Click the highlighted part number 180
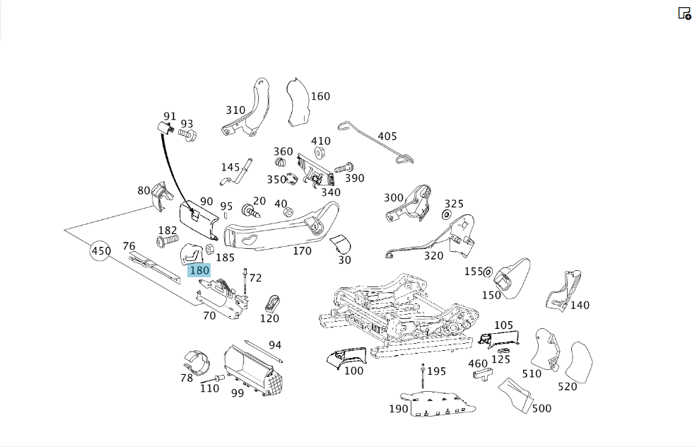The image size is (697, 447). coord(199,270)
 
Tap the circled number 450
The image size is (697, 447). coord(101,251)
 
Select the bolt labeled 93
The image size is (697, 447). coord(187,134)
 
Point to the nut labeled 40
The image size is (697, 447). coord(288,211)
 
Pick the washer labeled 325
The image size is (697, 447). coord(446,215)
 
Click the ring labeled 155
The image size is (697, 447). coord(488,272)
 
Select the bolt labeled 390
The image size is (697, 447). coord(343,168)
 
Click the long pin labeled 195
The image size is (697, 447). coord(423,376)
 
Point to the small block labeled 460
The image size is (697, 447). coord(482,373)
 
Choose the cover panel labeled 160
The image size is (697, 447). coord(298,103)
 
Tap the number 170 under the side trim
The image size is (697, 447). coord(303,251)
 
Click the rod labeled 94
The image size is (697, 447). coord(264,352)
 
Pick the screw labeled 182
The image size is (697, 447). coord(168,241)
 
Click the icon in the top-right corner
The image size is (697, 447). coord(684,13)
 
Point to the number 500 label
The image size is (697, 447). coord(541,408)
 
